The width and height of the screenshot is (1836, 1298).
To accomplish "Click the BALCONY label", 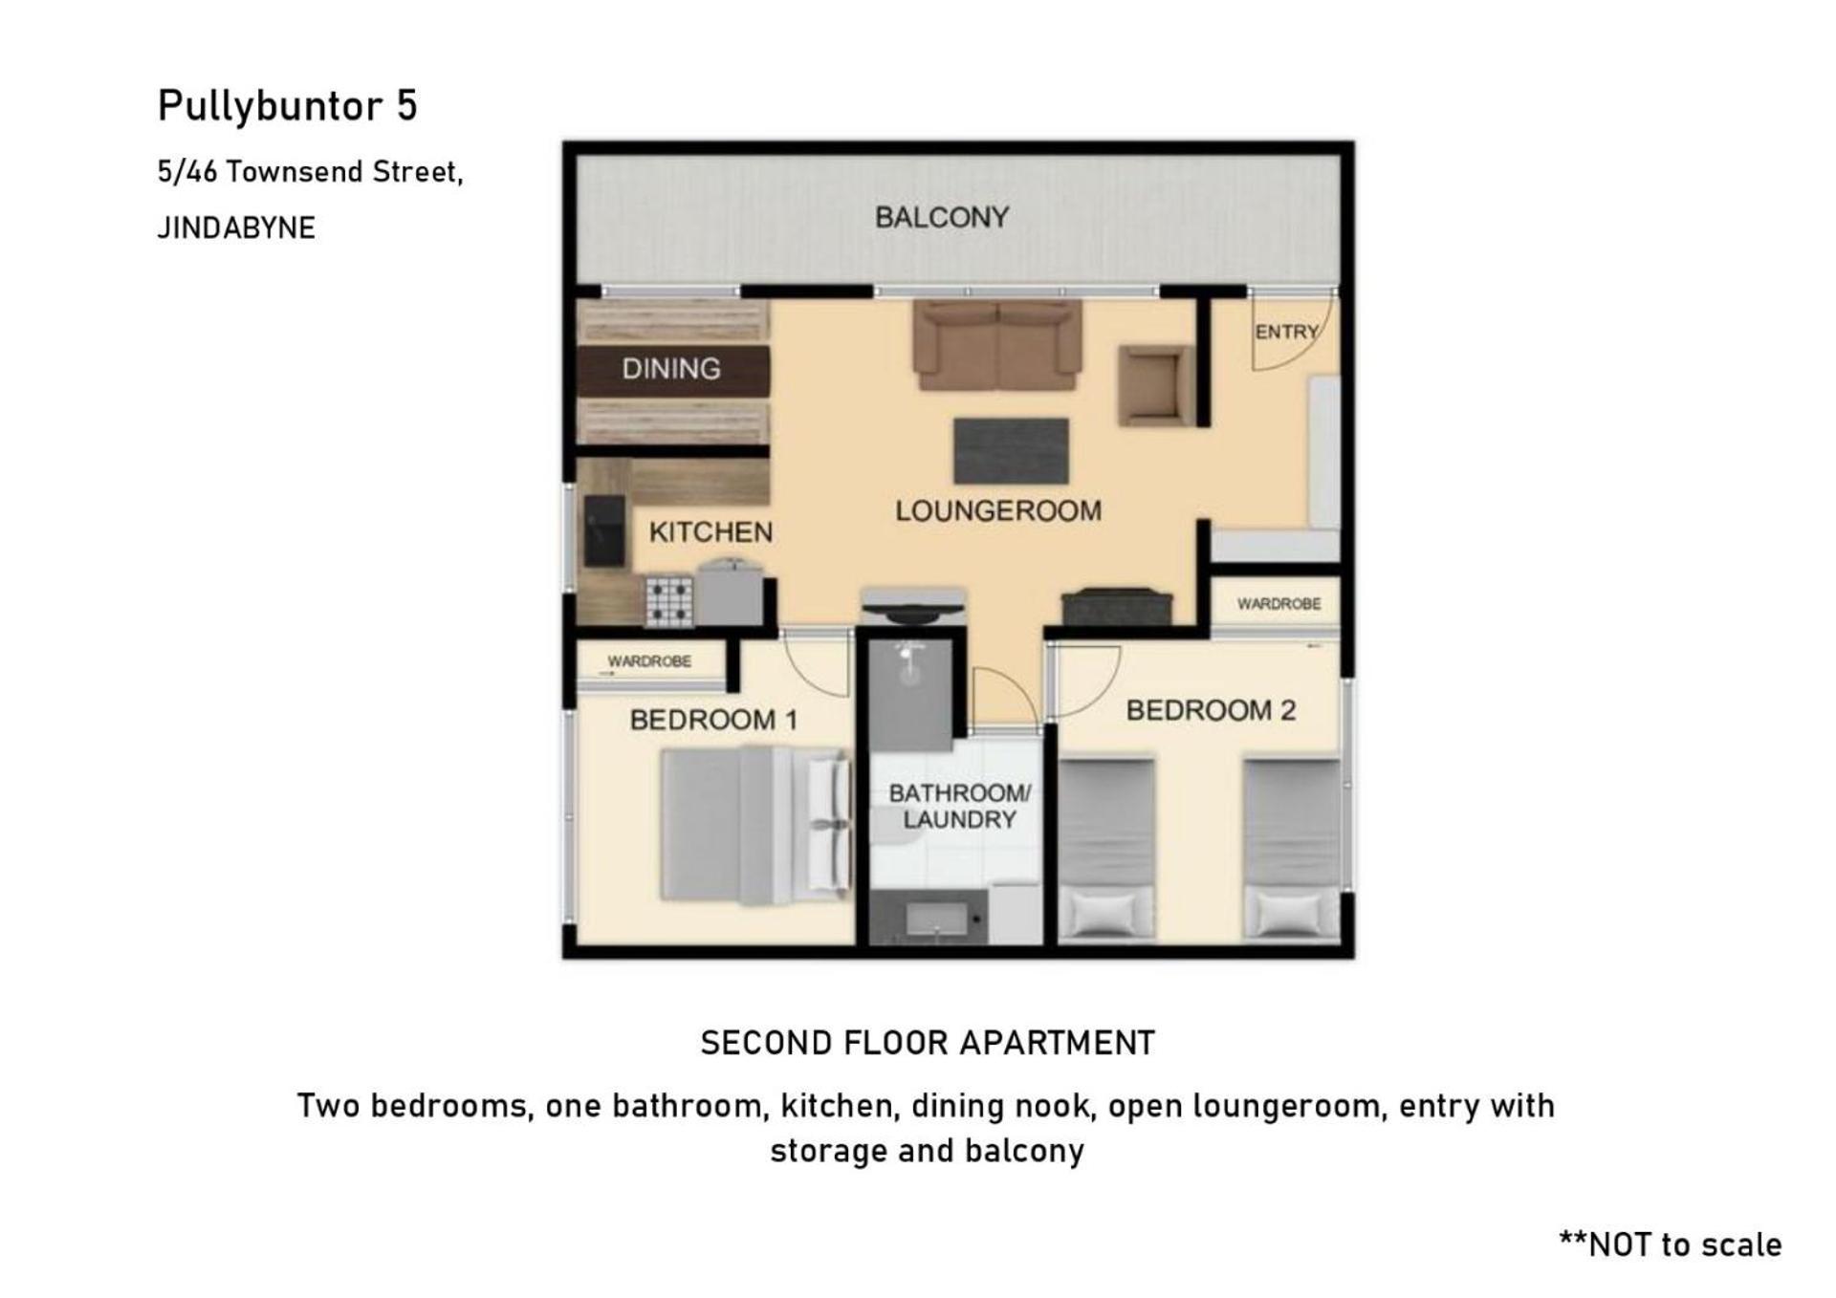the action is [942, 218].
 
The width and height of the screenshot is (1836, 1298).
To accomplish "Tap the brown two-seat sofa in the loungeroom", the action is [997, 345].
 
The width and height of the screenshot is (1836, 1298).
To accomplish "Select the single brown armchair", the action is [1155, 385].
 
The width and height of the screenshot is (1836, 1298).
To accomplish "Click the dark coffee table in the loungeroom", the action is [1011, 451].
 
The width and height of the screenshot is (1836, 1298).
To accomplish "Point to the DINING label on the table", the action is [671, 369].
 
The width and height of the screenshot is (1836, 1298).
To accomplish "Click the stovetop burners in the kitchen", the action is [669, 601].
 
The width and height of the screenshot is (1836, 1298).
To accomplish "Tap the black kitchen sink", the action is [604, 530].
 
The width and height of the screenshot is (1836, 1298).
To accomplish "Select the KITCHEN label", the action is [710, 532].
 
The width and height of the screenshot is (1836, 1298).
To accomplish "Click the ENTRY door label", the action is [1286, 332].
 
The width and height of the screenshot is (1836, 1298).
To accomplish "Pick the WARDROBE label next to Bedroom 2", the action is [1279, 604].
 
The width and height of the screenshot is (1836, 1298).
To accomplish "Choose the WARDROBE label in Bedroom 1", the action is [649, 661].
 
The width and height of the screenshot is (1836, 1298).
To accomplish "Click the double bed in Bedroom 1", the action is [755, 825].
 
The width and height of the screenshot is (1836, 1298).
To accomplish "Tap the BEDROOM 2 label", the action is [1211, 710].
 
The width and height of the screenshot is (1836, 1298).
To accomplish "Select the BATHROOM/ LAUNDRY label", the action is [959, 806].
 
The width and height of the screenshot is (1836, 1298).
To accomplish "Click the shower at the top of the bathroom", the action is [910, 694].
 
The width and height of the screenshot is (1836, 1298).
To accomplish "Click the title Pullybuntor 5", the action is [288, 106].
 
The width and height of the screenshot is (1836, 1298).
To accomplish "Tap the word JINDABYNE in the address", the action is [236, 227].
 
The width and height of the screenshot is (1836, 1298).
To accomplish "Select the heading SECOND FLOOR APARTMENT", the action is [928, 1043].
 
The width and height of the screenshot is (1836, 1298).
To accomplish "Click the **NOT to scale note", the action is [1671, 1244].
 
